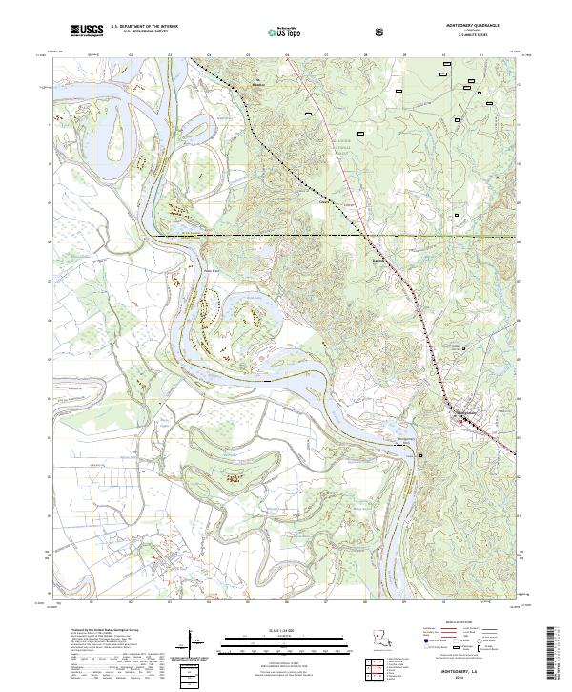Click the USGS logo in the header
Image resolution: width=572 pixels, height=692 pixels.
tap(87, 31)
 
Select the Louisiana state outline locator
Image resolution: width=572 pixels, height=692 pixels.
tap(381, 638)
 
